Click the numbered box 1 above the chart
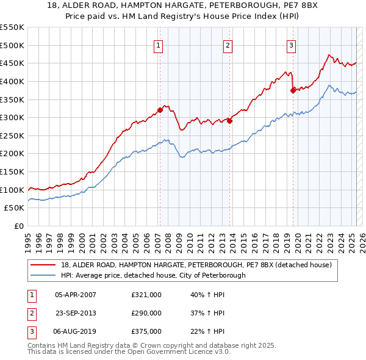coord(159,45)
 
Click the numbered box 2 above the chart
coord(227,45)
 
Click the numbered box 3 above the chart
coord(292,45)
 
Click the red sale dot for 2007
coord(160,110)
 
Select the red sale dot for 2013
coord(230,121)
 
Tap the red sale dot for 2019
coord(293,90)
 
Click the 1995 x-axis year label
coord(28,240)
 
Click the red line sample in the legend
coord(43,265)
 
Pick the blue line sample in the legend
coord(43,275)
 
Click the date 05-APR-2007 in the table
coord(76,295)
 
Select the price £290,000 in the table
coord(146,313)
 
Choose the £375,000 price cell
coord(146,331)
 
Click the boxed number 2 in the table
coord(30,313)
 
